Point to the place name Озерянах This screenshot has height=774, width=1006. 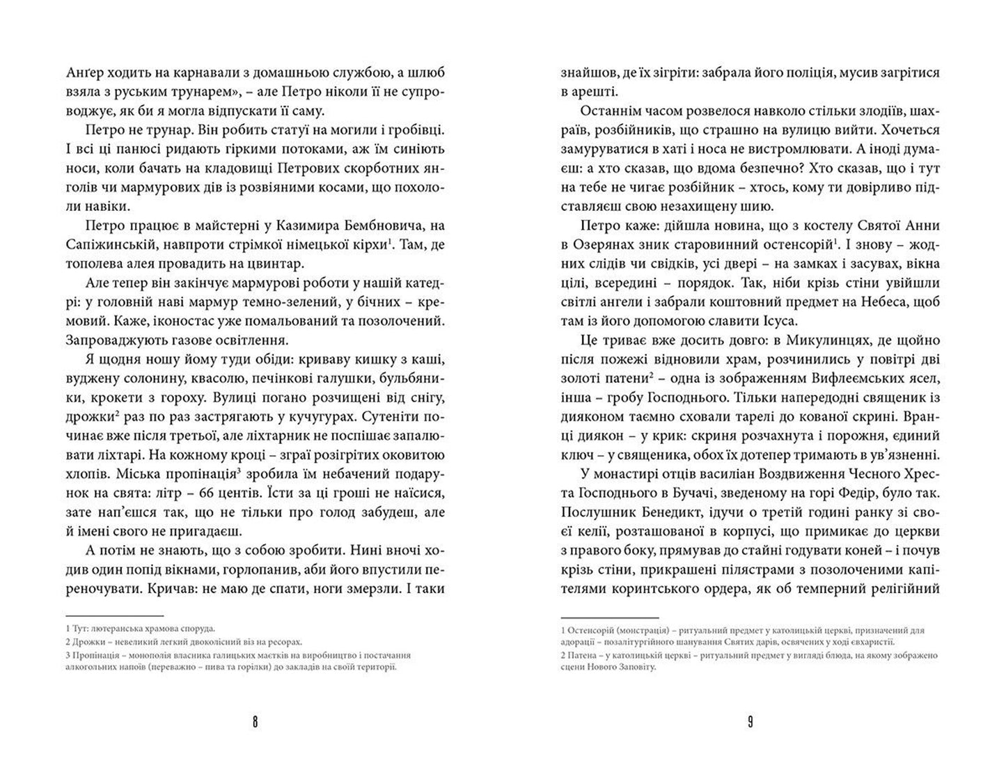point(624,245)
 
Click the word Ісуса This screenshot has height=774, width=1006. point(779,321)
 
